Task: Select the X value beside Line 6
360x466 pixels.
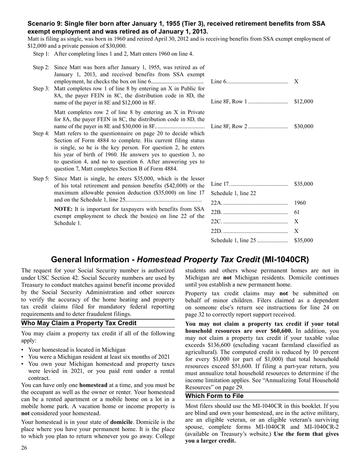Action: [x=296, y=82]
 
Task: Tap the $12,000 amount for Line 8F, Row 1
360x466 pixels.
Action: [x=303, y=102]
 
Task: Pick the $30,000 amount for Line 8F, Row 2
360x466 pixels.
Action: [x=303, y=126]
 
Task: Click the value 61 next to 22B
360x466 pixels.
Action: [x=297, y=212]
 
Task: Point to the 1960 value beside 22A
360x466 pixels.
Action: [x=299, y=203]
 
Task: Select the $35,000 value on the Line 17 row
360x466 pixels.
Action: [x=303, y=184]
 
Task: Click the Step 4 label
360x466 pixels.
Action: [x=41, y=133]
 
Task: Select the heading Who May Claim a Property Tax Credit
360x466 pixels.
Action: [x=78, y=323]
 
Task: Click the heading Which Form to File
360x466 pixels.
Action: [x=214, y=396]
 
